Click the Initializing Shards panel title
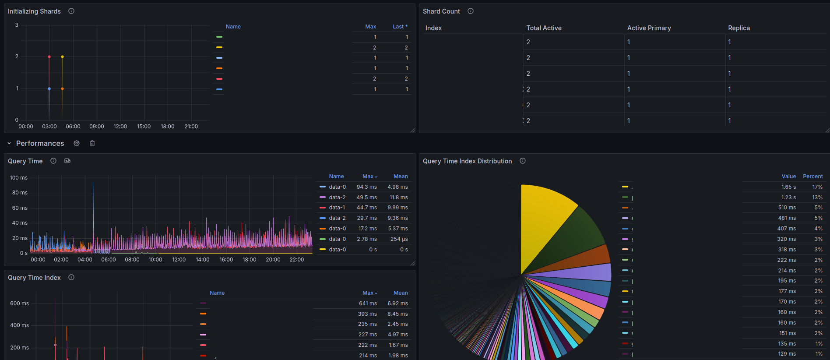[34, 11]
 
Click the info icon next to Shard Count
[471, 11]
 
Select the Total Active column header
[544, 28]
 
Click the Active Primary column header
[649, 28]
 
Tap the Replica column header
[739, 28]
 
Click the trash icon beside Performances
[92, 143]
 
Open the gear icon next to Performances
[77, 143]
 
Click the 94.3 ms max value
[366, 187]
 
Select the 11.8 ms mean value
[398, 198]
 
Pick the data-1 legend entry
[337, 208]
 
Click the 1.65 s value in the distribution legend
[788, 187]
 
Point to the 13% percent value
[817, 198]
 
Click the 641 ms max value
[367, 304]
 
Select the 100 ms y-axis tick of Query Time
[19, 178]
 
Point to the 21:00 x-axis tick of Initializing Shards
[191, 127]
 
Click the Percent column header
[812, 176]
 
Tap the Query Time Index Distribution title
[467, 161]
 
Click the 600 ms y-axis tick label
[19, 304]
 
